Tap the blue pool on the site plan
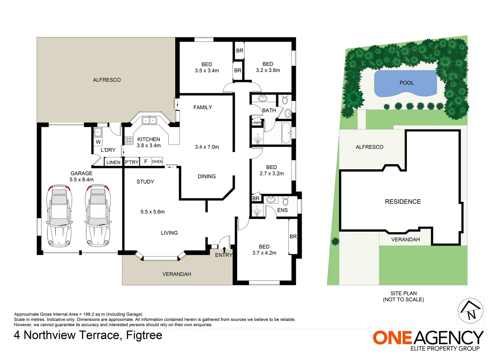[406, 83]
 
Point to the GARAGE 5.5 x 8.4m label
[81, 176]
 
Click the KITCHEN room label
[149, 139]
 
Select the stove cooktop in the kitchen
[129, 140]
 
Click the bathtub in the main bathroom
[286, 133]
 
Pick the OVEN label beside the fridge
[157, 162]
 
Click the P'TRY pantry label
[132, 162]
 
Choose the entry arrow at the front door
[224, 249]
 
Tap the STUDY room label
[145, 182]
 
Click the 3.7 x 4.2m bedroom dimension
[264, 253]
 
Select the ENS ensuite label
[282, 210]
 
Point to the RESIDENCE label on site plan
[403, 202]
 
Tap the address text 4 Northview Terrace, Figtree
[88, 335]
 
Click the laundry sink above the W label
[97, 132]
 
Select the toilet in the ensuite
[285, 201]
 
